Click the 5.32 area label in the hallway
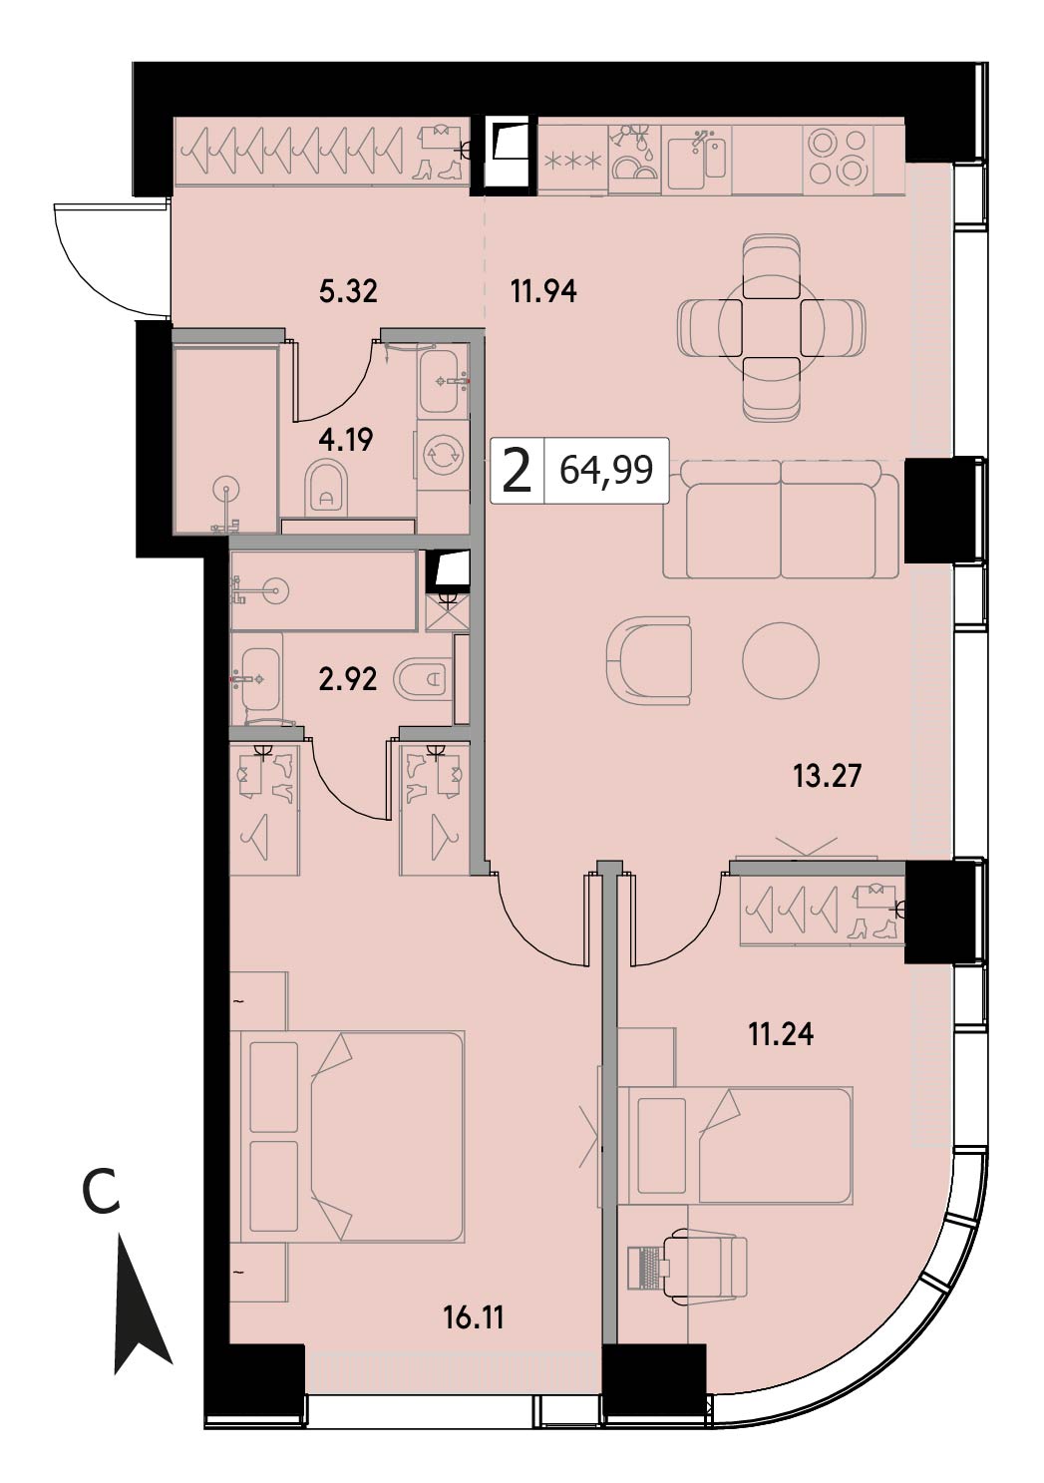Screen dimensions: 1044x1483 point(348,291)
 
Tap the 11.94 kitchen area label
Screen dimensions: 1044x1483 point(543,291)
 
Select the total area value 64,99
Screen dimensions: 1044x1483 point(605,470)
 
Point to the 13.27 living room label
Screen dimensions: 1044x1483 point(828,775)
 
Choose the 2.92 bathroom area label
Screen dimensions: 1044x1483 point(348,679)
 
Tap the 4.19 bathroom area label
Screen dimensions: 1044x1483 point(346,439)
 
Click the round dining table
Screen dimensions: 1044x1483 point(771,328)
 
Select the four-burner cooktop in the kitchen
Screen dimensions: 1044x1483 point(839,159)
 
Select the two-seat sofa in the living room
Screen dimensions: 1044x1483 point(781,520)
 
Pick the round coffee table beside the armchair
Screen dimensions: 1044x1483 point(781,660)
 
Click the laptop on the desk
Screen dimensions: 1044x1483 point(648,1267)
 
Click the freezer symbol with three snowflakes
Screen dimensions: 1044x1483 point(572,159)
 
